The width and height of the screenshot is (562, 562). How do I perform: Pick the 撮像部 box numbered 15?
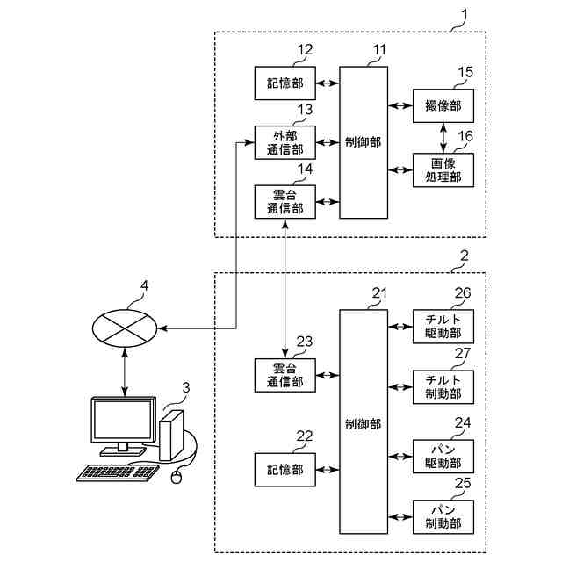tap(443, 105)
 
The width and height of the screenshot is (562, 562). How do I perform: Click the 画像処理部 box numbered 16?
tap(443, 169)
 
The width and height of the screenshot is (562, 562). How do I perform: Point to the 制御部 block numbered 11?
tap(364, 141)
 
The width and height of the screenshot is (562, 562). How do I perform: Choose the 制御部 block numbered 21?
tap(364, 422)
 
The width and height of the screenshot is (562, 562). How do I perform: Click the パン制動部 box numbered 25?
tap(443, 516)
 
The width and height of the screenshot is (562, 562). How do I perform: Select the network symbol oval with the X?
tap(124, 328)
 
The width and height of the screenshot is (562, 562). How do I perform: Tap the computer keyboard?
tap(119, 472)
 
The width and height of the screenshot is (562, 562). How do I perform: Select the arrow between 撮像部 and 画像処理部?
tap(443, 137)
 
